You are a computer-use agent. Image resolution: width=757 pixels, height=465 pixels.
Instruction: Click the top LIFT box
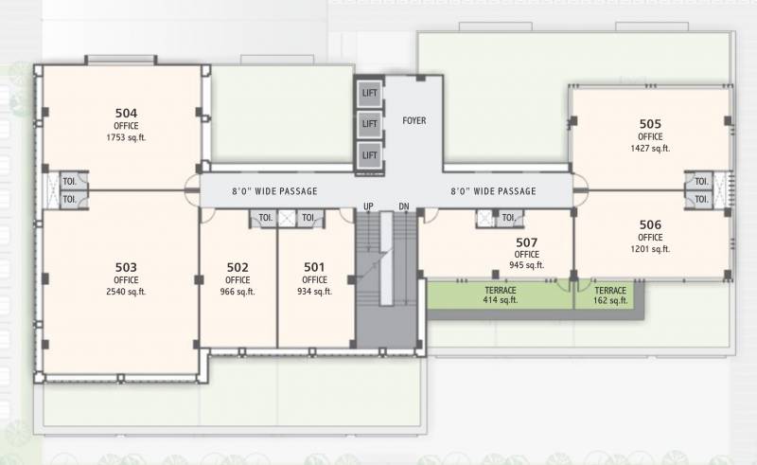click(x=369, y=93)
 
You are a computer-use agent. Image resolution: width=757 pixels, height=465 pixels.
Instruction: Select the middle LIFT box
click(x=369, y=124)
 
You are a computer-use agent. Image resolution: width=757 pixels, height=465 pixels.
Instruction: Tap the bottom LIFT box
click(x=369, y=155)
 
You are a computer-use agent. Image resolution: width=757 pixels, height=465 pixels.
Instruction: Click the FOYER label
click(x=414, y=121)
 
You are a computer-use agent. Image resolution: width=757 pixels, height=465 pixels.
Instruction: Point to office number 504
click(x=126, y=113)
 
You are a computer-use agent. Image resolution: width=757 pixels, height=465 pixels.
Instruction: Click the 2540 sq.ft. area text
click(x=126, y=292)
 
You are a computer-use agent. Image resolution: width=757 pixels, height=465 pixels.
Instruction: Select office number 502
click(x=238, y=267)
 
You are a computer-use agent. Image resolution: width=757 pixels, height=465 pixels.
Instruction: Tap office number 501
click(x=314, y=267)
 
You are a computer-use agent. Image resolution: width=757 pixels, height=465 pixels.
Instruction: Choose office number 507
click(x=527, y=241)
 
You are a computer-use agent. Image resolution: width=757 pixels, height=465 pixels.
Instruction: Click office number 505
click(x=650, y=123)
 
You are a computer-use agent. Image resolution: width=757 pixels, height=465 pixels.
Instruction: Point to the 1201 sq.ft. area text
click(x=650, y=249)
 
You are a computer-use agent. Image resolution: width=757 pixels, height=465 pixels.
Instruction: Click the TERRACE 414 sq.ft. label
click(x=499, y=295)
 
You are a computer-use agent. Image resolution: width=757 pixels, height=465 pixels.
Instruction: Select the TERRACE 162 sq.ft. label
click(x=610, y=295)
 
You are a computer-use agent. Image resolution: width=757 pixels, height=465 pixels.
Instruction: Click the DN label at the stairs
click(x=404, y=206)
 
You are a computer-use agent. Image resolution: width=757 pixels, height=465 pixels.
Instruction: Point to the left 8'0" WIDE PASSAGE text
click(x=274, y=191)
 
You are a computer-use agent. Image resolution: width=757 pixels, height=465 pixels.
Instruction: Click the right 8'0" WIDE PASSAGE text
click(x=493, y=191)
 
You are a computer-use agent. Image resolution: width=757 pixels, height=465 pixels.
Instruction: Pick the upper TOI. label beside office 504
click(x=69, y=182)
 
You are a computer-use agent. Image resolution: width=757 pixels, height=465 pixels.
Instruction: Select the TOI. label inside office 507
click(x=509, y=219)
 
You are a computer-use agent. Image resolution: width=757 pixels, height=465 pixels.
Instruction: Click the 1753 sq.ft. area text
click(x=126, y=137)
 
